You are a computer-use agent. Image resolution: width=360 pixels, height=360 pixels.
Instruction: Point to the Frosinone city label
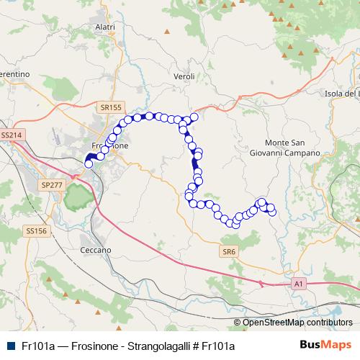[110, 145]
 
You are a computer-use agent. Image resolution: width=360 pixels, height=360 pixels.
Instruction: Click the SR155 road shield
[110, 107]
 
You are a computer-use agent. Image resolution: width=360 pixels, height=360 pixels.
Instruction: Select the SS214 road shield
[12, 135]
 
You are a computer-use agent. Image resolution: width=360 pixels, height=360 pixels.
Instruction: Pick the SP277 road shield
[52, 185]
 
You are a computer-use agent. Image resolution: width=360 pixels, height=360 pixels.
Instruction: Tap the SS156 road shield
[35, 231]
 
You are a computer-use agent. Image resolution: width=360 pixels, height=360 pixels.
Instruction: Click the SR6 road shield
[229, 251]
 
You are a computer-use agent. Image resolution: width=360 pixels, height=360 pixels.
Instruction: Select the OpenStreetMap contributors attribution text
[297, 323]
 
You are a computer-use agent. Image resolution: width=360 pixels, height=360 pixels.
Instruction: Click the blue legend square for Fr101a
[10, 346]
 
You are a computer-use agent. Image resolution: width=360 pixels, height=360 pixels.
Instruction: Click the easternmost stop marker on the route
[272, 212]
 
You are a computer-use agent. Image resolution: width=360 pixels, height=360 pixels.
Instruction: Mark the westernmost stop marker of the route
[89, 164]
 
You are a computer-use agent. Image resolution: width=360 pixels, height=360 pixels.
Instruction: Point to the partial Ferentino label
[14, 75]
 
